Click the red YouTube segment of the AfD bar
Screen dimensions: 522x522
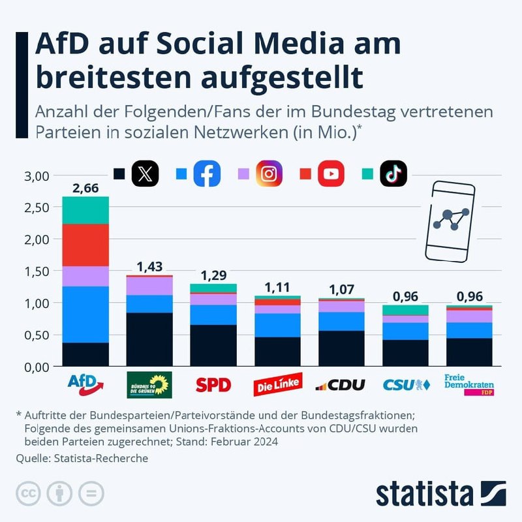click(85, 245)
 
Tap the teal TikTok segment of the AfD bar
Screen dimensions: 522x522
click(85, 210)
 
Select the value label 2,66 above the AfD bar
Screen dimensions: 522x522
click(85, 189)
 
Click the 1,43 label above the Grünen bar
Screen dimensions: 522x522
click(149, 267)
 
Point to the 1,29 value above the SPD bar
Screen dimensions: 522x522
click(213, 275)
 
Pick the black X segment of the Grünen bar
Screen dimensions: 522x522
click(149, 339)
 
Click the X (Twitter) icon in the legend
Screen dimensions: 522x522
click(145, 174)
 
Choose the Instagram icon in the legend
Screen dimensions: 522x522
click(269, 174)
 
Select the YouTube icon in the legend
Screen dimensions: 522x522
click(331, 174)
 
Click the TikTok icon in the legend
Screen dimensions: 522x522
click(393, 174)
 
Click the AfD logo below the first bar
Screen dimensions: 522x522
click(85, 384)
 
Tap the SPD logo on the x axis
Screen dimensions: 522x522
click(213, 385)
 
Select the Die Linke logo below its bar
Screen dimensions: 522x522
click(277, 385)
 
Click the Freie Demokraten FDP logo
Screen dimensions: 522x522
click(468, 385)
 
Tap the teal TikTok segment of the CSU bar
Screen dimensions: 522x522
click(405, 310)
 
